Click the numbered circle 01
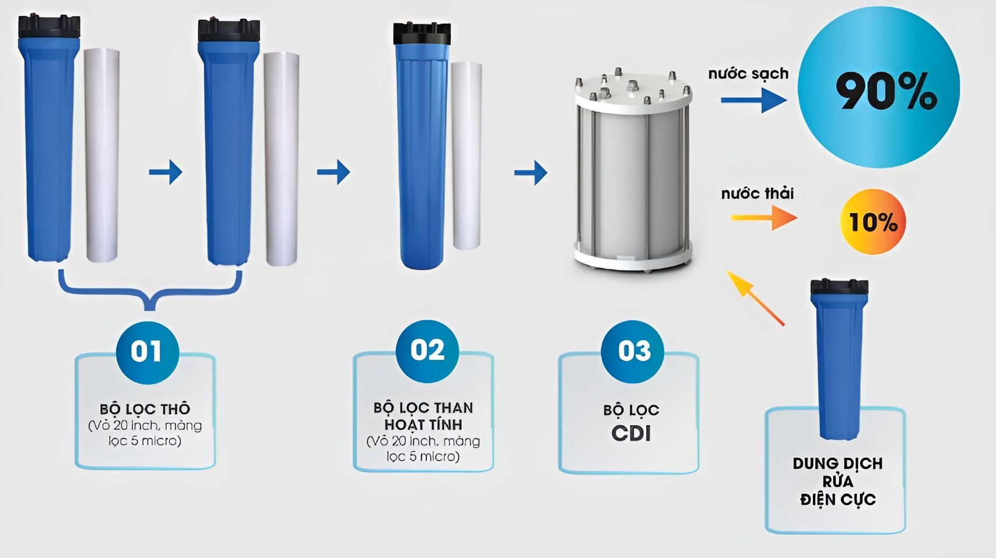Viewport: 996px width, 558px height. coord(146,352)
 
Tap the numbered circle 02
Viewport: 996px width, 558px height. coord(427,350)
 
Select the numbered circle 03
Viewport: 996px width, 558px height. coord(633,351)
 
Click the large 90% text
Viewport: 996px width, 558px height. coord(885,91)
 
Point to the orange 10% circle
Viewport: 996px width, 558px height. coord(873,222)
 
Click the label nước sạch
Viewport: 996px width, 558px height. coord(748,74)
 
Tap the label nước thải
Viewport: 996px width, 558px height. coord(757,193)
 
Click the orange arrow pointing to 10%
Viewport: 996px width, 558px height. coord(764,218)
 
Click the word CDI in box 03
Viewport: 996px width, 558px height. coord(631,433)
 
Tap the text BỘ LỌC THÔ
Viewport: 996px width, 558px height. coord(145,409)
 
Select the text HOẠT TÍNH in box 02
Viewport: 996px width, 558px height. coord(423,425)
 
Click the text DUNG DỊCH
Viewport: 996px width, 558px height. coord(837,464)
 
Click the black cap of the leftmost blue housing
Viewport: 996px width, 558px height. coord(49,27)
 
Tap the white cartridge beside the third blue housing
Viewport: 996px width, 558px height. coord(467,154)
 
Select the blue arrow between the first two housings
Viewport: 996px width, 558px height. coord(166,172)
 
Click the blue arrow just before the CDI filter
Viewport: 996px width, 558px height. coord(531,172)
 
